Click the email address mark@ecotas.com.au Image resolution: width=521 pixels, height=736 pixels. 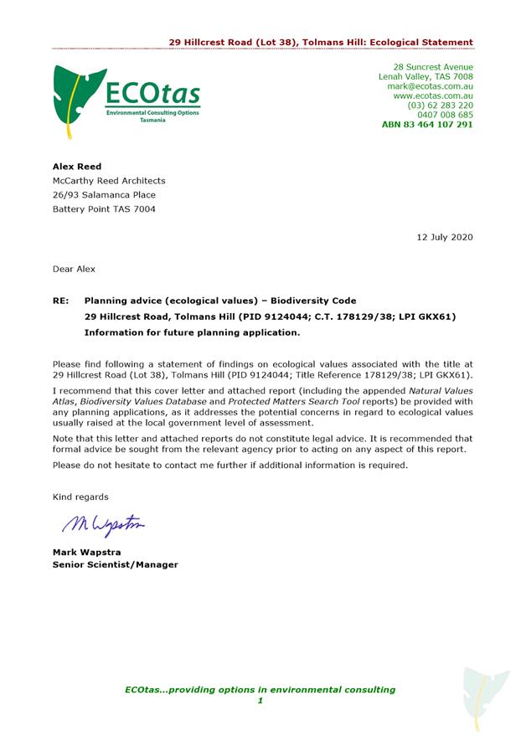coord(430,86)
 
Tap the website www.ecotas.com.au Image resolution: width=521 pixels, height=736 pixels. coord(433,95)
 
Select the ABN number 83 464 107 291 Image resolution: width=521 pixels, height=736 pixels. coord(427,125)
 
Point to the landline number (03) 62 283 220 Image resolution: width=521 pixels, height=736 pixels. coord(440,106)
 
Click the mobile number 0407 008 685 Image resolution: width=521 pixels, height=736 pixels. coord(445,115)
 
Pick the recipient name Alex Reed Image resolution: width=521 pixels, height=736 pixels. coord(77,167)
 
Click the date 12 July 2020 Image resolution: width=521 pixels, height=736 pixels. coord(445,237)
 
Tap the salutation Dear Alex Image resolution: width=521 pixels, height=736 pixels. coord(74,269)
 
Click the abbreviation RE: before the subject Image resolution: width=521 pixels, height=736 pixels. coord(60,301)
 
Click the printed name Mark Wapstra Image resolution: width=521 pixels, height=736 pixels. coord(89,552)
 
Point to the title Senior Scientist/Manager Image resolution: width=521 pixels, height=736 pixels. coord(116,564)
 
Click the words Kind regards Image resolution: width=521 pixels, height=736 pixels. coord(80,497)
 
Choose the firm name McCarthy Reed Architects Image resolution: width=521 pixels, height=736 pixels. coord(109,181)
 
